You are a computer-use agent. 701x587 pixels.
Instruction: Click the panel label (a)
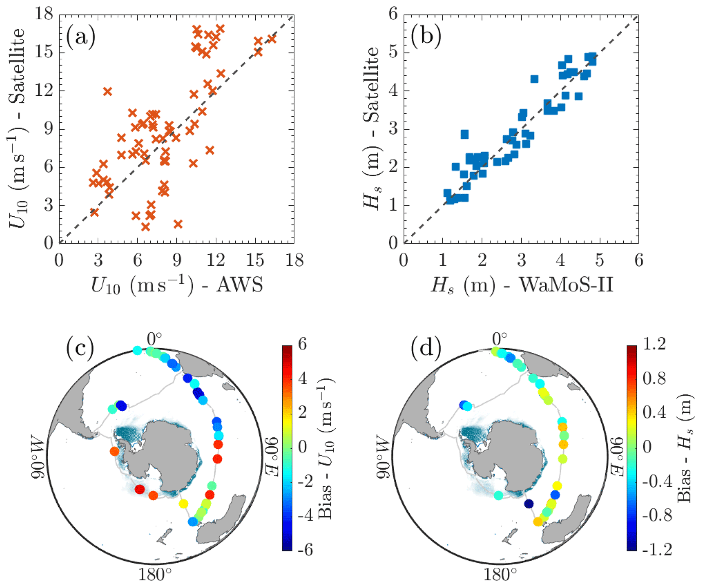(80, 37)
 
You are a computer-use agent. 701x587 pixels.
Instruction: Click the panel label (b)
(426, 37)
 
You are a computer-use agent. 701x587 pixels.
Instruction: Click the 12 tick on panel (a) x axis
(216, 260)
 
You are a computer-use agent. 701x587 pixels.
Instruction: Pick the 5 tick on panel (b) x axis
(600, 260)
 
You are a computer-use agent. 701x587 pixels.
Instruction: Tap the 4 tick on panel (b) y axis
(393, 91)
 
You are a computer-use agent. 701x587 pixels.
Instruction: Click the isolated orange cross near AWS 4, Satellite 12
(108, 92)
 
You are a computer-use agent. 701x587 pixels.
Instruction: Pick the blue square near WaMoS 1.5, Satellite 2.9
(465, 134)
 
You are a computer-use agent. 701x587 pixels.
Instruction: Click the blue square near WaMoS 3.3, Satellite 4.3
(534, 79)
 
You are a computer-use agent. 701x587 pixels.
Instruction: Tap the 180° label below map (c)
(155, 574)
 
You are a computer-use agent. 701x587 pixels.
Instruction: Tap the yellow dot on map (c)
(183, 504)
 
